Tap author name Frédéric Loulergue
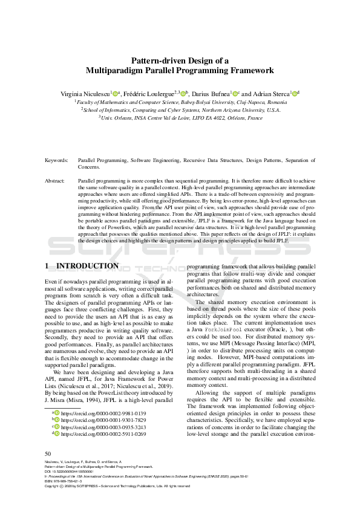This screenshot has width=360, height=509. coord(151,94)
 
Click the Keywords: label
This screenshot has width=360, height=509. coord(57,160)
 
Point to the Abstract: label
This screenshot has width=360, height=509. coord(56,181)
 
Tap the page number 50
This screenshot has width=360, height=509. coord(49,453)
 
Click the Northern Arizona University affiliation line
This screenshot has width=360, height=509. coord(180,111)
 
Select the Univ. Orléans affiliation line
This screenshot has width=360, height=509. coord(180,118)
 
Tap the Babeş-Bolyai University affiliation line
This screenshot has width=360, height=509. coord(180,103)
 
